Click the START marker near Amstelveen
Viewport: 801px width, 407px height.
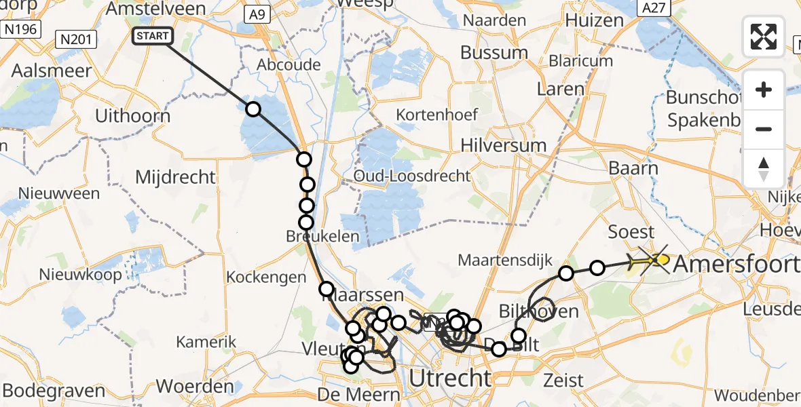coord(152,36)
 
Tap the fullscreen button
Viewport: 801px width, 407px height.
coord(764,36)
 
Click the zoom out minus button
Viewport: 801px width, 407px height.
coord(764,129)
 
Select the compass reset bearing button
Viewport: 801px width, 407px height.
coord(764,168)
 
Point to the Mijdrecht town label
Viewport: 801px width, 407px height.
coord(175,178)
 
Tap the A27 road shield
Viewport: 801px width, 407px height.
coord(654,7)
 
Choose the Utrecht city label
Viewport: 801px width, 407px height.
coord(450,377)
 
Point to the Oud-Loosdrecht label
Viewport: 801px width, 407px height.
coord(411,176)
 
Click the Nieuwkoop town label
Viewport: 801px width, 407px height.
coord(80,275)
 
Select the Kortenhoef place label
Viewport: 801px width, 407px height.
coord(437,115)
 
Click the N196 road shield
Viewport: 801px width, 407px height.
coord(20,29)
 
